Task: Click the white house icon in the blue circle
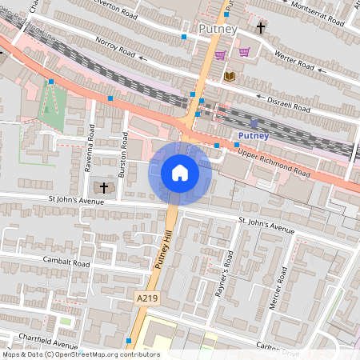tap(180, 172)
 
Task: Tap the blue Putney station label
tap(254, 136)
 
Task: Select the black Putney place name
tap(218, 30)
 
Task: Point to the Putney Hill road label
tap(162, 250)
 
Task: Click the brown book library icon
tap(230, 76)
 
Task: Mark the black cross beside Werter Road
tap(261, 29)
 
